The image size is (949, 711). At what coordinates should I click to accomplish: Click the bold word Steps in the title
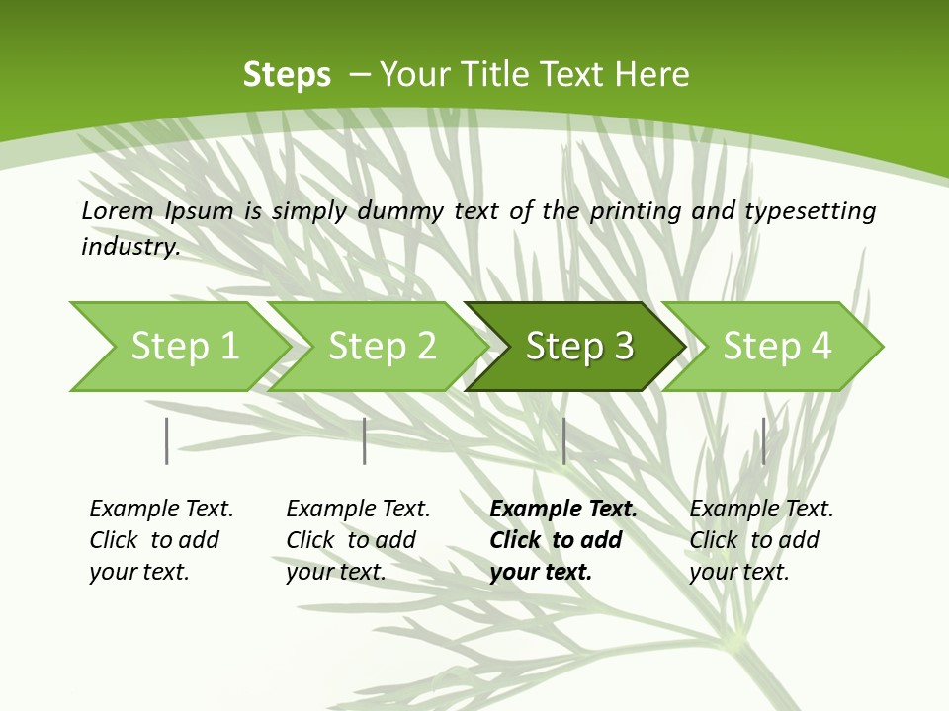287,74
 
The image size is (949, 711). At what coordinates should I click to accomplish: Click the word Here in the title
652,74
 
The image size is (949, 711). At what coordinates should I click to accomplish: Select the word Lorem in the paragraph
117,210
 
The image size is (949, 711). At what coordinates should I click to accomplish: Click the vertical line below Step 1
167,440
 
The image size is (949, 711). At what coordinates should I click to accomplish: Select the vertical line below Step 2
365,440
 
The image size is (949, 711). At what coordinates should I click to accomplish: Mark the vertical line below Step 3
563,440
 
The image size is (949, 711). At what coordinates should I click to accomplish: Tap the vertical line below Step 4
763,440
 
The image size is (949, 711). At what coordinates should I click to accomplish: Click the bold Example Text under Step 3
563,510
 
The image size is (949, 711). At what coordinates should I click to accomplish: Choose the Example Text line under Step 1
161,510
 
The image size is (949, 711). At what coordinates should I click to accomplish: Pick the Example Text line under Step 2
358,510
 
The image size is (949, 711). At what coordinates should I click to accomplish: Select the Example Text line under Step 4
761,510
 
